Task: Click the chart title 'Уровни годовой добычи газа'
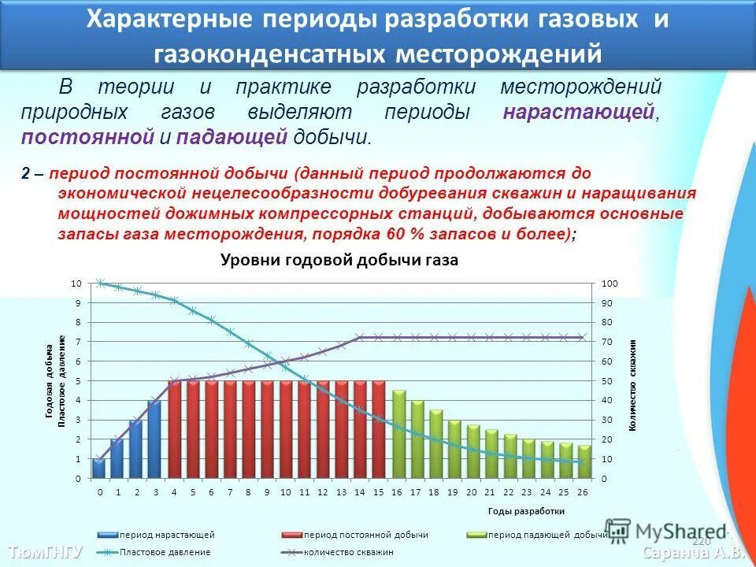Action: (x=339, y=260)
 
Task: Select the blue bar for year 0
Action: (x=98, y=469)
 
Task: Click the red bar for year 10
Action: (x=285, y=430)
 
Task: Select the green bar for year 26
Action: (x=584, y=462)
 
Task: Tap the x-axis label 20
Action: (x=472, y=492)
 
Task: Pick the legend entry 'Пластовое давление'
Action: (x=165, y=552)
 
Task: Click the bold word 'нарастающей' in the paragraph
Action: (x=579, y=112)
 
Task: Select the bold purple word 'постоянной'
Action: (x=87, y=137)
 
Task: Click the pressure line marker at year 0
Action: (x=100, y=283)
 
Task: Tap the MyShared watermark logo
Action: (x=665, y=532)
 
